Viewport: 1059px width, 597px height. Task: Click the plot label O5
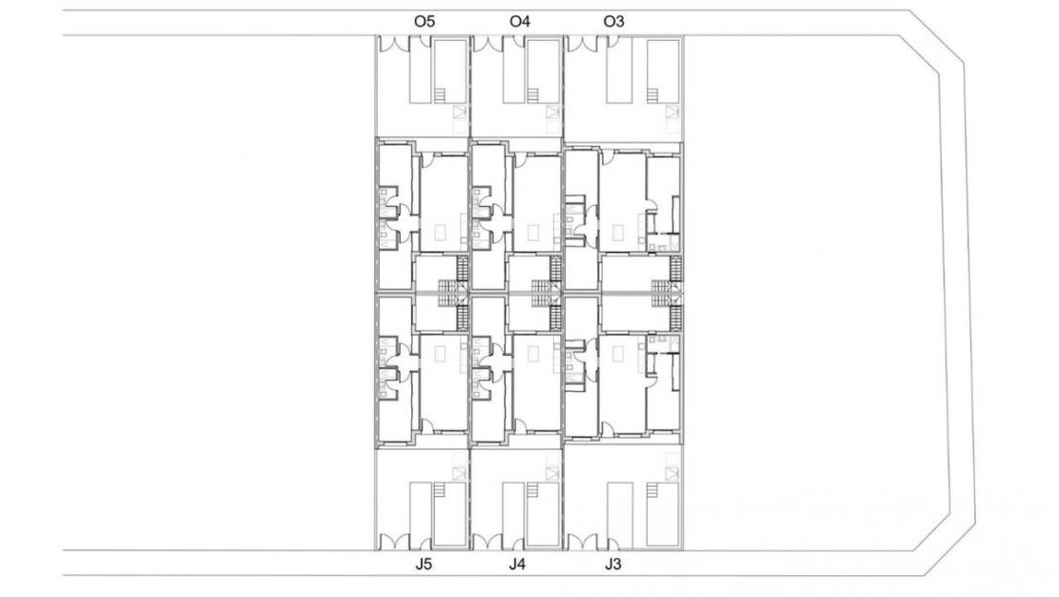425,21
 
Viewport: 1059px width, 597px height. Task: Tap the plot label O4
520,21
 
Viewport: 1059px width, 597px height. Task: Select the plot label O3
614,21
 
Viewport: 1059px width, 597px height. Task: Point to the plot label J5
425,565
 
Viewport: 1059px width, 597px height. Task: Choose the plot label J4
517,565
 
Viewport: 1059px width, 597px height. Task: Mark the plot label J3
613,565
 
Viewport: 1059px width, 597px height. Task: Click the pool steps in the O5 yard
441,94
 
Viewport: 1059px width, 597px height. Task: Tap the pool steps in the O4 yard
533,94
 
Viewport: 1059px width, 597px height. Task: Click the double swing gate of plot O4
488,43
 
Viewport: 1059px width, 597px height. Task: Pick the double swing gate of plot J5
393,543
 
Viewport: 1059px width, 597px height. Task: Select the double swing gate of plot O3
581,43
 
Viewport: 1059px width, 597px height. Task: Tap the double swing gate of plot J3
581,543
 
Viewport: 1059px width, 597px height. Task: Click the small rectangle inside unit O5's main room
439,231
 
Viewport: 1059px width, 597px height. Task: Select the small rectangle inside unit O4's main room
531,231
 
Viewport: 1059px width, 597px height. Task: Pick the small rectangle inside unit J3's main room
617,354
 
